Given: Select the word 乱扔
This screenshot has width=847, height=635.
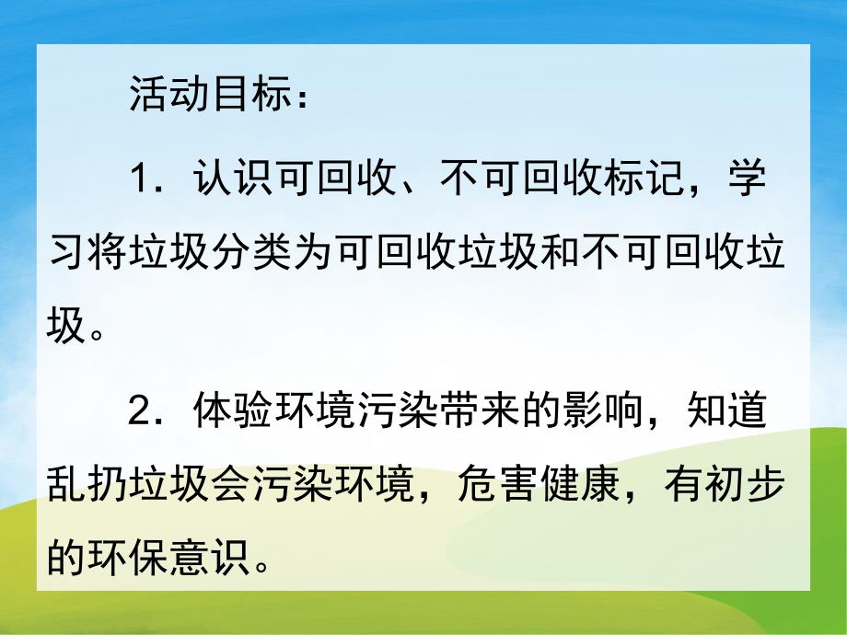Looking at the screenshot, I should (x=80, y=488).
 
